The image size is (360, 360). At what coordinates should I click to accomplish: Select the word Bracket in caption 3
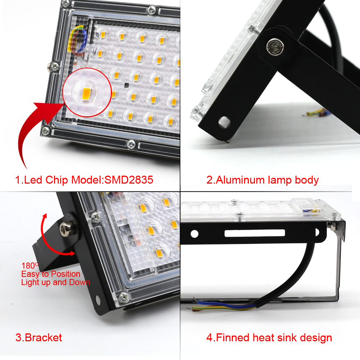[x=43, y=338]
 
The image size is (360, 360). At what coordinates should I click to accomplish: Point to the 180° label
[x=29, y=266]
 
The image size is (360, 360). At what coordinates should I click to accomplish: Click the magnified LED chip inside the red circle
[x=86, y=94]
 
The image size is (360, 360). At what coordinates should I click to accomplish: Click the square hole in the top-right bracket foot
[x=224, y=121]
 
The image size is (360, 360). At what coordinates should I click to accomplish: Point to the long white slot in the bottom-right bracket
[x=255, y=233]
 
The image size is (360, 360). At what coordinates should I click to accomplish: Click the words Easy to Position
[x=50, y=274]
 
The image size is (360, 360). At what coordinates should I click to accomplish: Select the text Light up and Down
[x=55, y=282]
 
